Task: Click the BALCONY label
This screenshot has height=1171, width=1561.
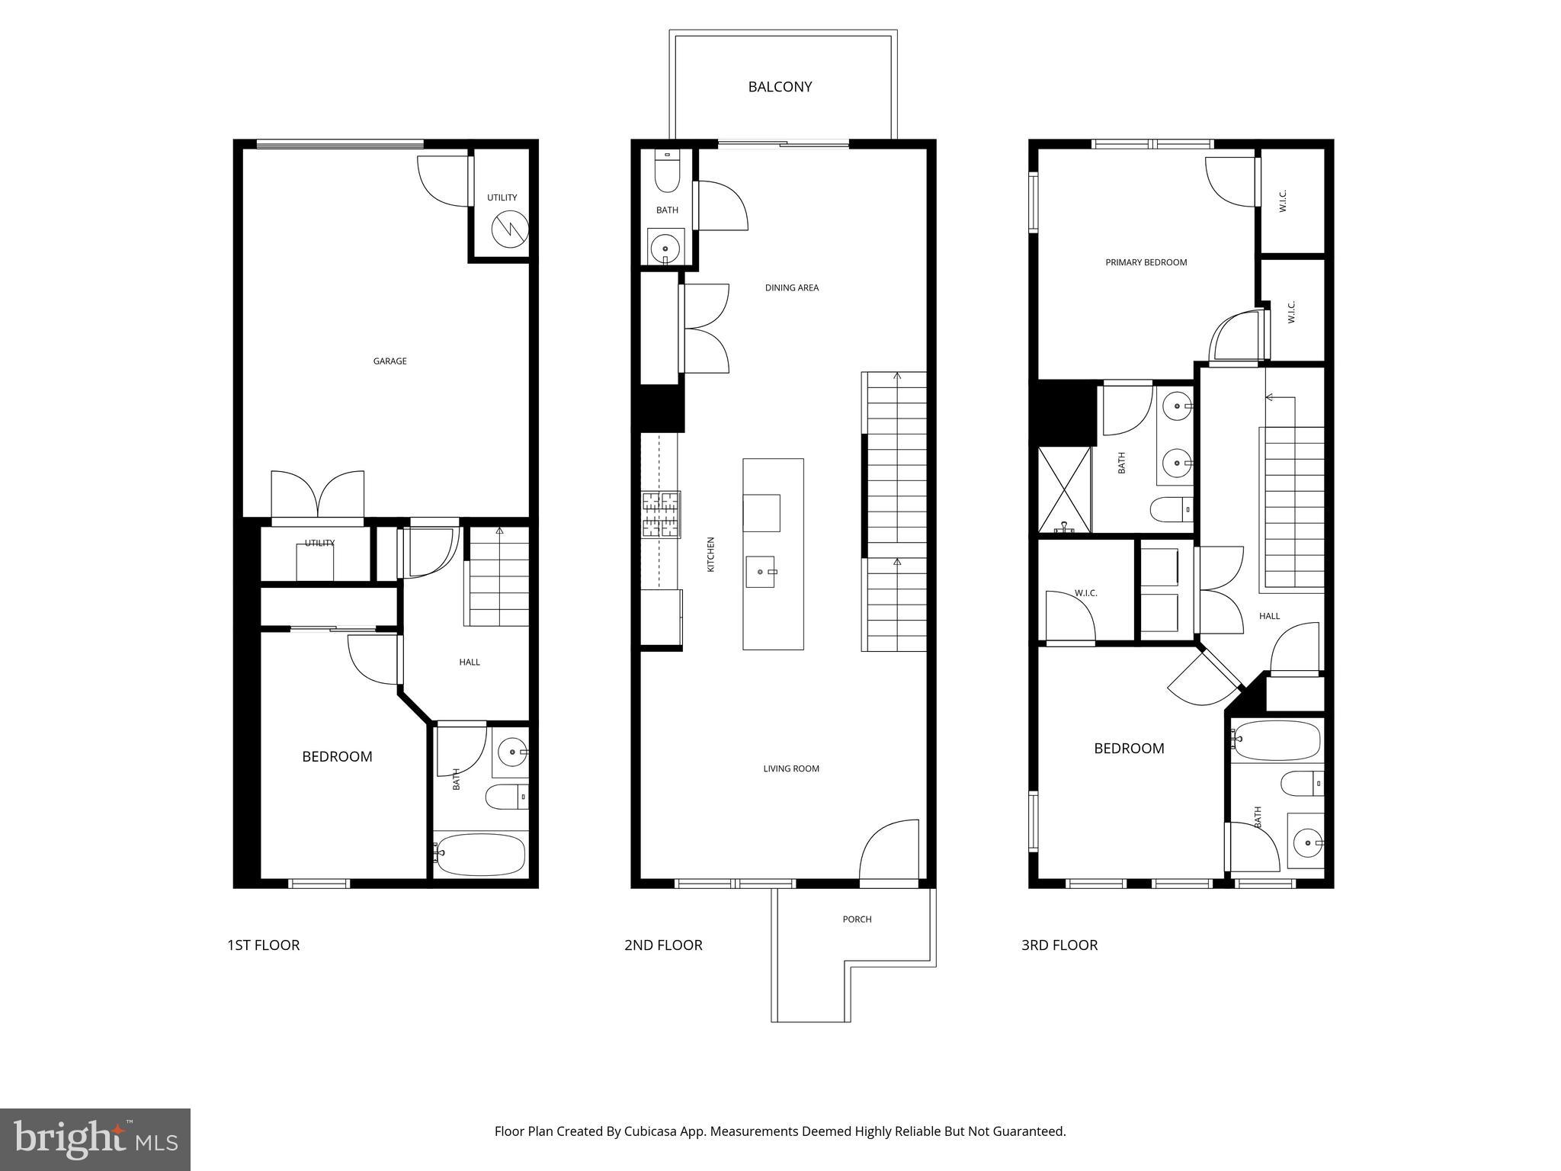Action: click(780, 87)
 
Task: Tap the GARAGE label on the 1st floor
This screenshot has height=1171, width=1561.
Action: click(389, 361)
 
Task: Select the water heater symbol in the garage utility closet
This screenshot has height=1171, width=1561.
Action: click(508, 229)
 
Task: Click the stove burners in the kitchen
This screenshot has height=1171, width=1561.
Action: click(660, 515)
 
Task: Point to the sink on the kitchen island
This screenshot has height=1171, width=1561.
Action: click(760, 572)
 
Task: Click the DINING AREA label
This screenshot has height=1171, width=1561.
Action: click(792, 288)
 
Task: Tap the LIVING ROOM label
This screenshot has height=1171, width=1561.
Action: click(791, 768)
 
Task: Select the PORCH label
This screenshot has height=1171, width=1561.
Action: click(857, 919)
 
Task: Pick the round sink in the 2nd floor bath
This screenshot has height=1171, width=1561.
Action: click(666, 247)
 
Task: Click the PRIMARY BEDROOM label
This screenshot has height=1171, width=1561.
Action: click(1146, 262)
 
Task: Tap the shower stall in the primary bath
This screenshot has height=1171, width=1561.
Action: click(1064, 489)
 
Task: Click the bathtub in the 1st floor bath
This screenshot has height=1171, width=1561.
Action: click(480, 854)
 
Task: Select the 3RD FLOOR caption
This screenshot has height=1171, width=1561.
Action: click(1059, 945)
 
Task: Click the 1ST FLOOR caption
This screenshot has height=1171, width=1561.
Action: click(263, 945)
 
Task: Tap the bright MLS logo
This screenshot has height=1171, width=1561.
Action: click(95, 1140)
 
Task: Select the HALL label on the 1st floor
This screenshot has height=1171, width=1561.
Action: click(470, 662)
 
